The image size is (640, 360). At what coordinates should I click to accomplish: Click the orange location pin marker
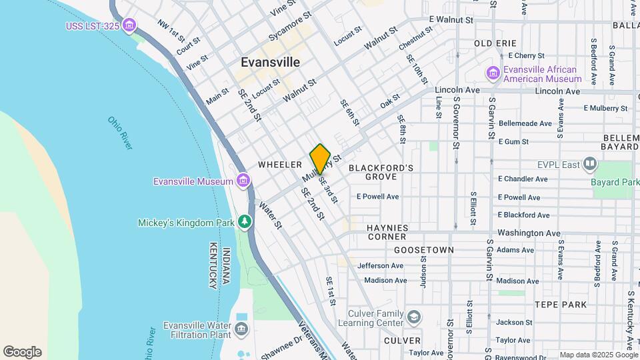pyautogui.click(x=320, y=159)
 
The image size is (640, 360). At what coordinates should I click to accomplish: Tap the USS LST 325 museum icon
pyautogui.click(x=130, y=26)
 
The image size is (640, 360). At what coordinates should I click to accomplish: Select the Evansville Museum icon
pyautogui.click(x=243, y=181)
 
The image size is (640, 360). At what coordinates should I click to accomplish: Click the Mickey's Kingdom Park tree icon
pyautogui.click(x=246, y=221)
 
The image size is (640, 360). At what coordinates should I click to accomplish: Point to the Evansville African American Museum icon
pyautogui.click(x=493, y=73)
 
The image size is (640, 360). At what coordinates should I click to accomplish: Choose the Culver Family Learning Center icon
pyautogui.click(x=414, y=316)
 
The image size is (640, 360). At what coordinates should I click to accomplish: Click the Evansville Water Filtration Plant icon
pyautogui.click(x=241, y=329)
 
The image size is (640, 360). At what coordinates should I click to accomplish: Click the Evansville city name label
pyautogui.click(x=270, y=62)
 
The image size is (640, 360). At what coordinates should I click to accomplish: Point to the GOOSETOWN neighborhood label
pyautogui.click(x=424, y=250)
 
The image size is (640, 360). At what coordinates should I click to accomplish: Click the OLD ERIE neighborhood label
pyautogui.click(x=496, y=43)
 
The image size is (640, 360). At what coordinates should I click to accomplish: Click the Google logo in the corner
pyautogui.click(x=22, y=352)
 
